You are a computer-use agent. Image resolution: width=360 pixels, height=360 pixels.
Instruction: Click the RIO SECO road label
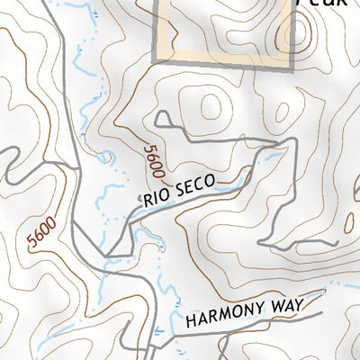pos(179,192)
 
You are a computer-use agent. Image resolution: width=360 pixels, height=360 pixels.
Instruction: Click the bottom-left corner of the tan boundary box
pos(157,61)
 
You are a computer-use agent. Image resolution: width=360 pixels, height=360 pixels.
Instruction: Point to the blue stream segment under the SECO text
pos(193,202)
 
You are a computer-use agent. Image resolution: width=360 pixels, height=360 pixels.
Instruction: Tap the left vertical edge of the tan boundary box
pos(157,31)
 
